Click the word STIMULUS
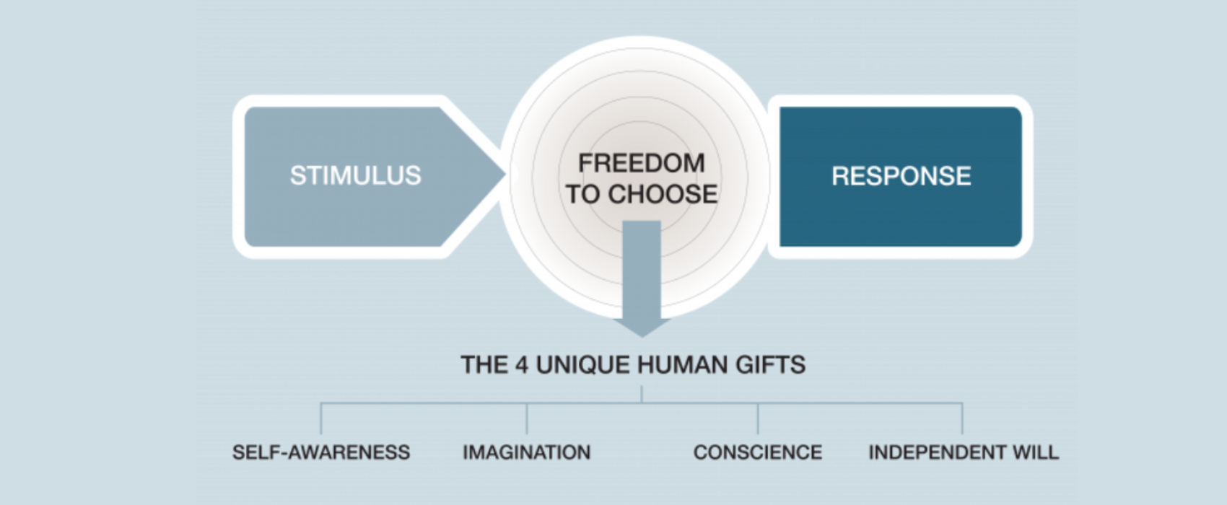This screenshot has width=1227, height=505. (x=356, y=176)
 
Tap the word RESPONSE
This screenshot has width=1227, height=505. (x=901, y=176)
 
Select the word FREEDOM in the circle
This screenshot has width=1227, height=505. (x=642, y=163)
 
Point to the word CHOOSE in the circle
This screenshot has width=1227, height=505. (x=663, y=194)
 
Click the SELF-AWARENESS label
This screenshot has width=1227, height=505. (x=321, y=452)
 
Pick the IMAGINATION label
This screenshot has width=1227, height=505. (x=526, y=452)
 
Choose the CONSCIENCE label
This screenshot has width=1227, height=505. (x=758, y=452)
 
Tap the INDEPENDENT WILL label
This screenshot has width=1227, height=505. (x=964, y=452)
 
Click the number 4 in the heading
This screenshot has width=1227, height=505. (x=522, y=365)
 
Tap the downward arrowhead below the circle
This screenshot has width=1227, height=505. (x=642, y=327)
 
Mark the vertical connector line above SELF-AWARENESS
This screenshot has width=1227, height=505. (x=321, y=418)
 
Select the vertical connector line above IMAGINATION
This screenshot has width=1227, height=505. (x=527, y=418)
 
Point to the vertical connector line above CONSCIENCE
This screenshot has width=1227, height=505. (x=758, y=418)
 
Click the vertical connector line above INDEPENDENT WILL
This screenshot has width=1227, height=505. (x=962, y=418)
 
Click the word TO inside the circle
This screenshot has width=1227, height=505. (x=583, y=194)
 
